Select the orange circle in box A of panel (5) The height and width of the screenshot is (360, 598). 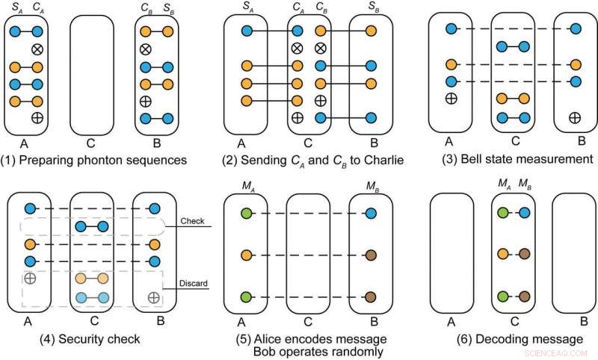[244, 256]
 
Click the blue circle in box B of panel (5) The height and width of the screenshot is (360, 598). [370, 214]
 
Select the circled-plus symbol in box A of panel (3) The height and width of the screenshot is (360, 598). [450, 98]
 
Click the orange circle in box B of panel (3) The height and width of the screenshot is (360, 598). [574, 64]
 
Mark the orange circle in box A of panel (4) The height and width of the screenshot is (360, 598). [31, 244]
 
